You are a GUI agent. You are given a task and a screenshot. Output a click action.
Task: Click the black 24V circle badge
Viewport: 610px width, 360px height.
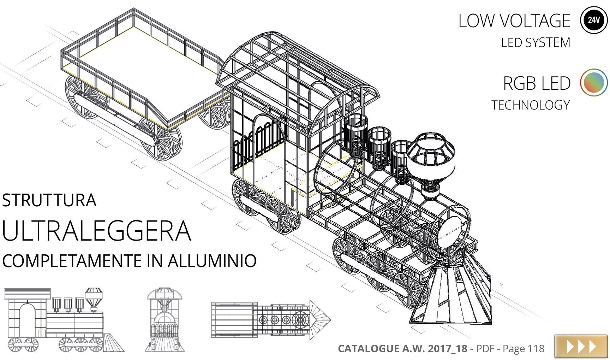tap(594, 20)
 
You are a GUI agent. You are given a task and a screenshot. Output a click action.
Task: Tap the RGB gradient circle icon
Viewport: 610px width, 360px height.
tap(594, 82)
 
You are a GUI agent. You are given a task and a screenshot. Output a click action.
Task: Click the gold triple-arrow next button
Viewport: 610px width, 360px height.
tap(581, 346)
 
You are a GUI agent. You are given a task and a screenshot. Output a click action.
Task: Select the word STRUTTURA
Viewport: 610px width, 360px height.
tap(49, 200)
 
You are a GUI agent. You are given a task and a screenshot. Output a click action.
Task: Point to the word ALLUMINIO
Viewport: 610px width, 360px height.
tap(212, 261)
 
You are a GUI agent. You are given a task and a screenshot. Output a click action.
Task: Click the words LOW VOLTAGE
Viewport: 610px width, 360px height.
tap(514, 20)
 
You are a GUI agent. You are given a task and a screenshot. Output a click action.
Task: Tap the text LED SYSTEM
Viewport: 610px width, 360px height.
tap(536, 42)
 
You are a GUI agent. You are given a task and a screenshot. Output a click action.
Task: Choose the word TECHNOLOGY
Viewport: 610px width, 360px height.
tap(531, 105)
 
